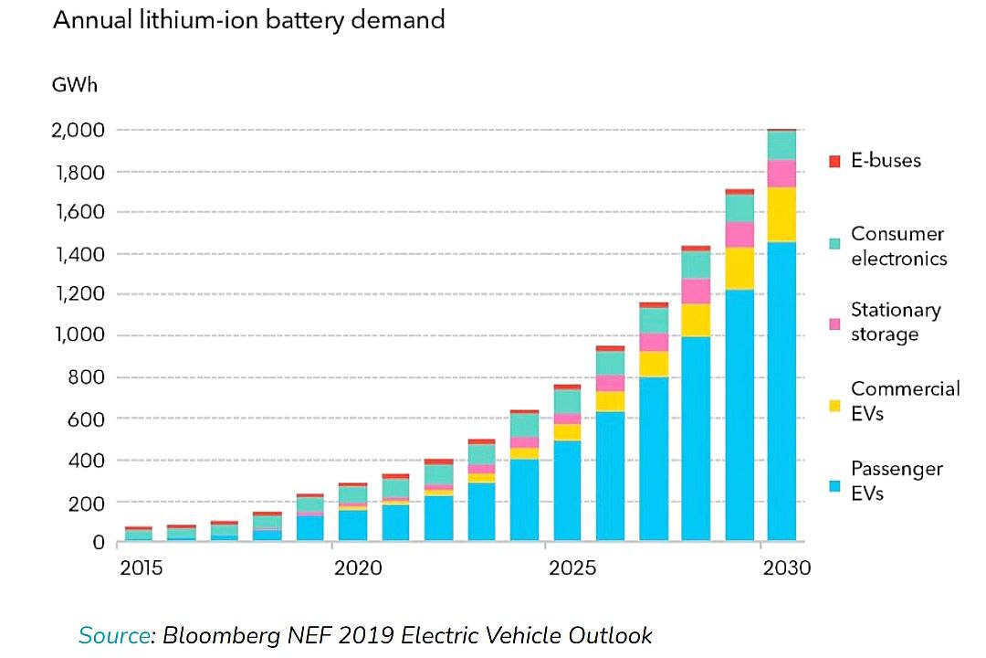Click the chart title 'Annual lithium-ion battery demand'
[x=248, y=20]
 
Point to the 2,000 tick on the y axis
[x=79, y=131]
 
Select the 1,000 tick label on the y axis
[x=79, y=335]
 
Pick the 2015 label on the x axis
[x=141, y=568]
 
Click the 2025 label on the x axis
[x=572, y=568]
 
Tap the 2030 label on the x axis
[x=786, y=568]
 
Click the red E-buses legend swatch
[x=833, y=162]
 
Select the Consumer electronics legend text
[x=898, y=247]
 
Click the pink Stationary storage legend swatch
[x=833, y=324]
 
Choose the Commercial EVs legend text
[x=905, y=401]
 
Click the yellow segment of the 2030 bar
[x=781, y=214]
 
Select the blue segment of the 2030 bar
[x=781, y=393]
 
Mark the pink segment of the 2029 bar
[x=739, y=235]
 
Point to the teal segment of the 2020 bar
[x=351, y=494]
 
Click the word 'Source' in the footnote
[x=113, y=635]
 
